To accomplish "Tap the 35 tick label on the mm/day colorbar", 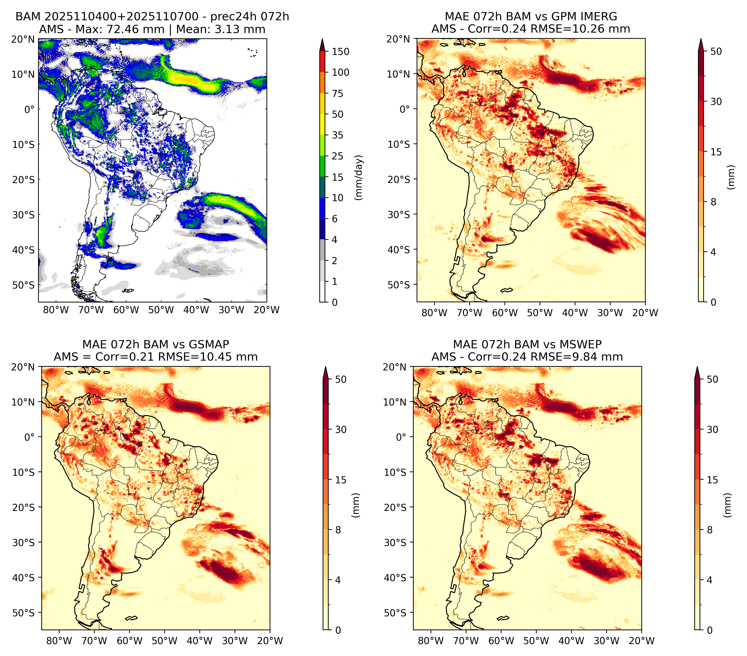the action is click(337, 135).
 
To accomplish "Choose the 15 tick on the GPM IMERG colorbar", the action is click(716, 152).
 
